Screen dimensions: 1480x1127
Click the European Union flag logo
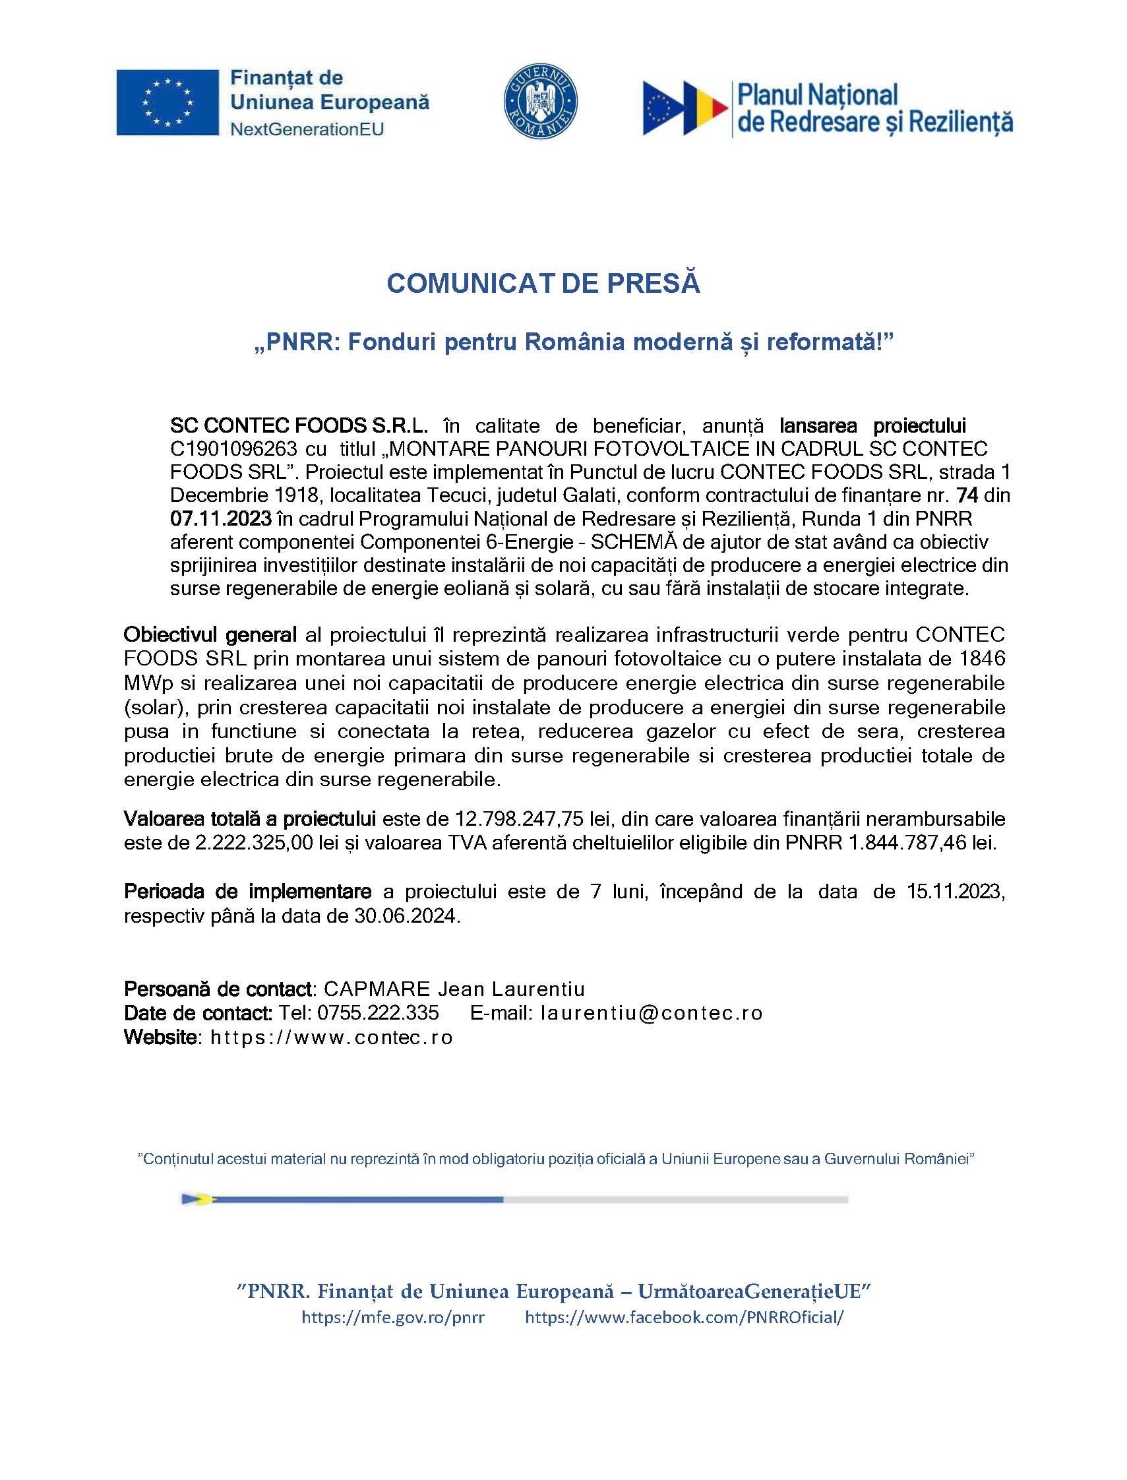[167, 102]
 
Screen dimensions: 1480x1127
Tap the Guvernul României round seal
[541, 102]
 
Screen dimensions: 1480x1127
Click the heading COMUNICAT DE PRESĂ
[543, 283]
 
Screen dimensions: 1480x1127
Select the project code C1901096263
[233, 448]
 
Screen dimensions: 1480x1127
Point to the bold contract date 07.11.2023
[221, 518]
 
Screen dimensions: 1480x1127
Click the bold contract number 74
[967, 495]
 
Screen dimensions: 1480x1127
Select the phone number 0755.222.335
[378, 1012]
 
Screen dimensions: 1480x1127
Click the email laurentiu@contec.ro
[651, 1012]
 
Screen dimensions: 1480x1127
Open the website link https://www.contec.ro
[332, 1037]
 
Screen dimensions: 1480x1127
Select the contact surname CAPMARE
[377, 989]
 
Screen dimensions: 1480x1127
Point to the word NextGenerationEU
[307, 129]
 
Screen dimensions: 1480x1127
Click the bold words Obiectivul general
[210, 634]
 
